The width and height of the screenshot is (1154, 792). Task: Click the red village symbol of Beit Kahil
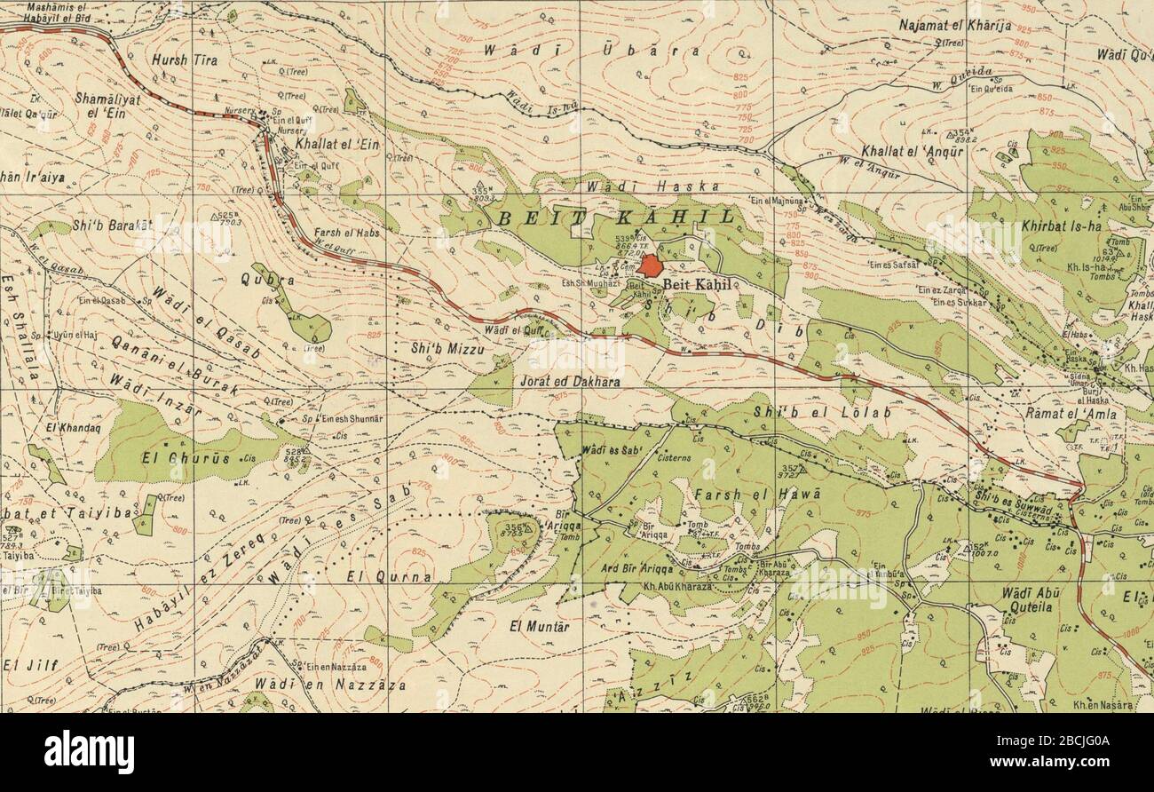click(652, 266)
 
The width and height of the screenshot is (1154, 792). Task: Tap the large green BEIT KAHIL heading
click(617, 218)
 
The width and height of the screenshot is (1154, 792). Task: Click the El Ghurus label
click(185, 459)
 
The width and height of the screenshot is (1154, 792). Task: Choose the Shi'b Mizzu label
click(448, 349)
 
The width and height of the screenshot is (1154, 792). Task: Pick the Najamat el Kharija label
click(954, 26)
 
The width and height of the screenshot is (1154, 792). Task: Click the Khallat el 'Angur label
click(912, 152)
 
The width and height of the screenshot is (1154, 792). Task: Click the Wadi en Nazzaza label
click(329, 685)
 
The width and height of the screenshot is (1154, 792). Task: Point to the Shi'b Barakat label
click(112, 226)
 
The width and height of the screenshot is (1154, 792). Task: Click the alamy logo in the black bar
click(89, 752)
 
